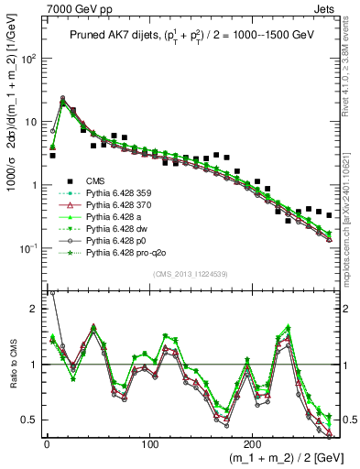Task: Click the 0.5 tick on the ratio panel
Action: coord(29,420)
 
